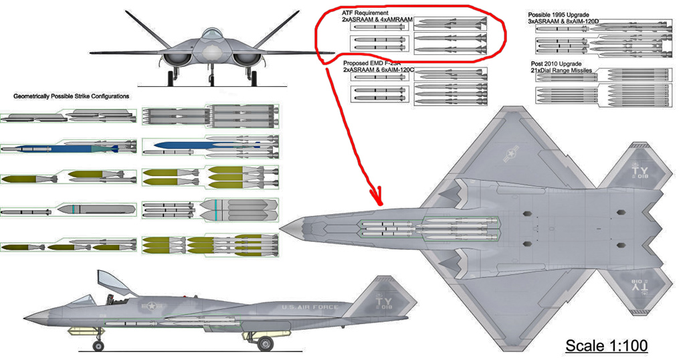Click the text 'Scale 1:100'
click(x=607, y=345)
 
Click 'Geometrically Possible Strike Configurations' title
click(x=72, y=96)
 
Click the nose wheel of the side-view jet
click(x=98, y=345)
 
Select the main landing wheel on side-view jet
click(x=266, y=344)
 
